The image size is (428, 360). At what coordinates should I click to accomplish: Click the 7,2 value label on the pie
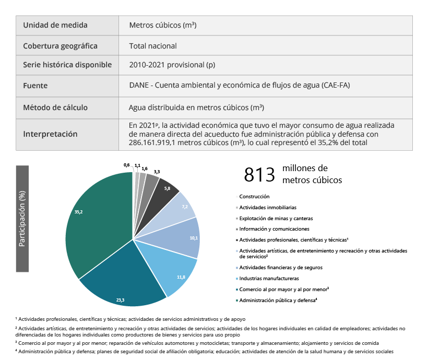(x=184, y=207)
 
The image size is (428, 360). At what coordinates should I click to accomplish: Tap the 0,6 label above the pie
(x=126, y=165)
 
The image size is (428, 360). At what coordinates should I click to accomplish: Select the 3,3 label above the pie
(x=157, y=171)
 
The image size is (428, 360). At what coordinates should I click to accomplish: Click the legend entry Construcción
(x=254, y=197)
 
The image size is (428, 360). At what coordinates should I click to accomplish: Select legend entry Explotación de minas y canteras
(x=276, y=218)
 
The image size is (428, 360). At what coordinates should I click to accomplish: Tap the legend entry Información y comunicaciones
(x=274, y=229)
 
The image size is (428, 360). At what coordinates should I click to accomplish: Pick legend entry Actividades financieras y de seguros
(x=280, y=267)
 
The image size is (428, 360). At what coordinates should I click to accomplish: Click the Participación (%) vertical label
(x=22, y=218)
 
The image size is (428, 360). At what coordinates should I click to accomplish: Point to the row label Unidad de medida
(x=55, y=25)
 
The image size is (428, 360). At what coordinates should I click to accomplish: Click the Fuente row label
(x=35, y=86)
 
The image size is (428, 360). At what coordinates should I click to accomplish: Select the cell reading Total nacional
(x=153, y=46)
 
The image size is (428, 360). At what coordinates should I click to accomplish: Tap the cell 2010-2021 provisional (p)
(x=172, y=65)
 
